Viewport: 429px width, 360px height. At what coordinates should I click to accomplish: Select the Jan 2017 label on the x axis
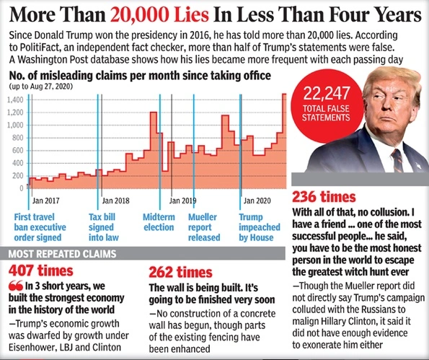click(46, 200)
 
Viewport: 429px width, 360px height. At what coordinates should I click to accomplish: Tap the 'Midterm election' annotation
click(160, 227)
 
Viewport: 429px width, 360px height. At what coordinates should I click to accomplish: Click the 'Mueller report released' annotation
click(204, 227)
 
